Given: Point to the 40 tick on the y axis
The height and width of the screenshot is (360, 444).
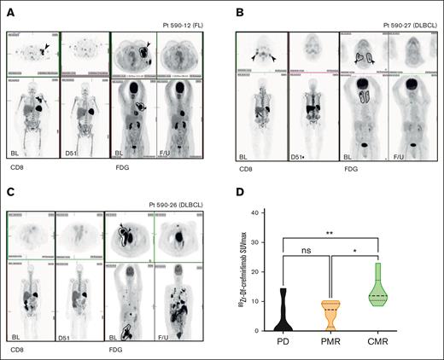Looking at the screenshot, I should pyautogui.click(x=274, y=212).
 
